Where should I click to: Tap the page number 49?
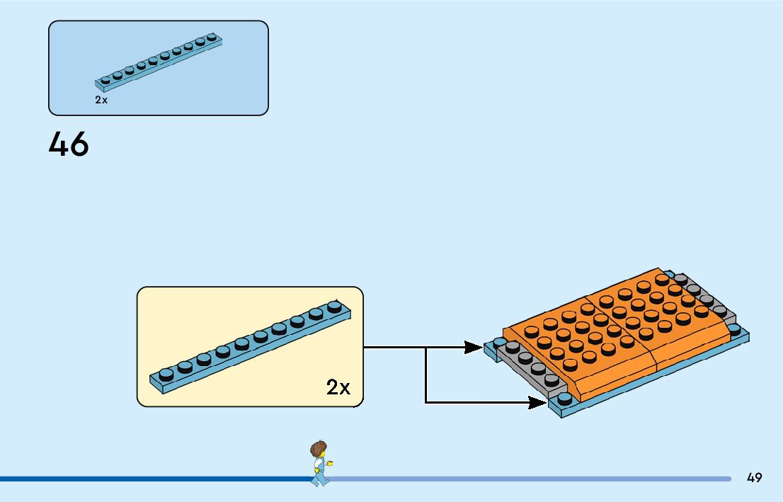coord(754,478)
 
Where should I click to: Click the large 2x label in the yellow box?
coord(338,387)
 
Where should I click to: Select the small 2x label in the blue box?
coord(101,101)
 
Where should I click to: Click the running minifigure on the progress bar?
coord(320,464)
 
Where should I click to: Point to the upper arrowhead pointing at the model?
coord(474,347)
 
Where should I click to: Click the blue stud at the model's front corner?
coord(564,399)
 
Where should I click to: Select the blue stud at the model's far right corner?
coord(734,329)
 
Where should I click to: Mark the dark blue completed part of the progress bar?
coord(142,479)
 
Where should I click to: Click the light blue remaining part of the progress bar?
coord(531,479)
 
